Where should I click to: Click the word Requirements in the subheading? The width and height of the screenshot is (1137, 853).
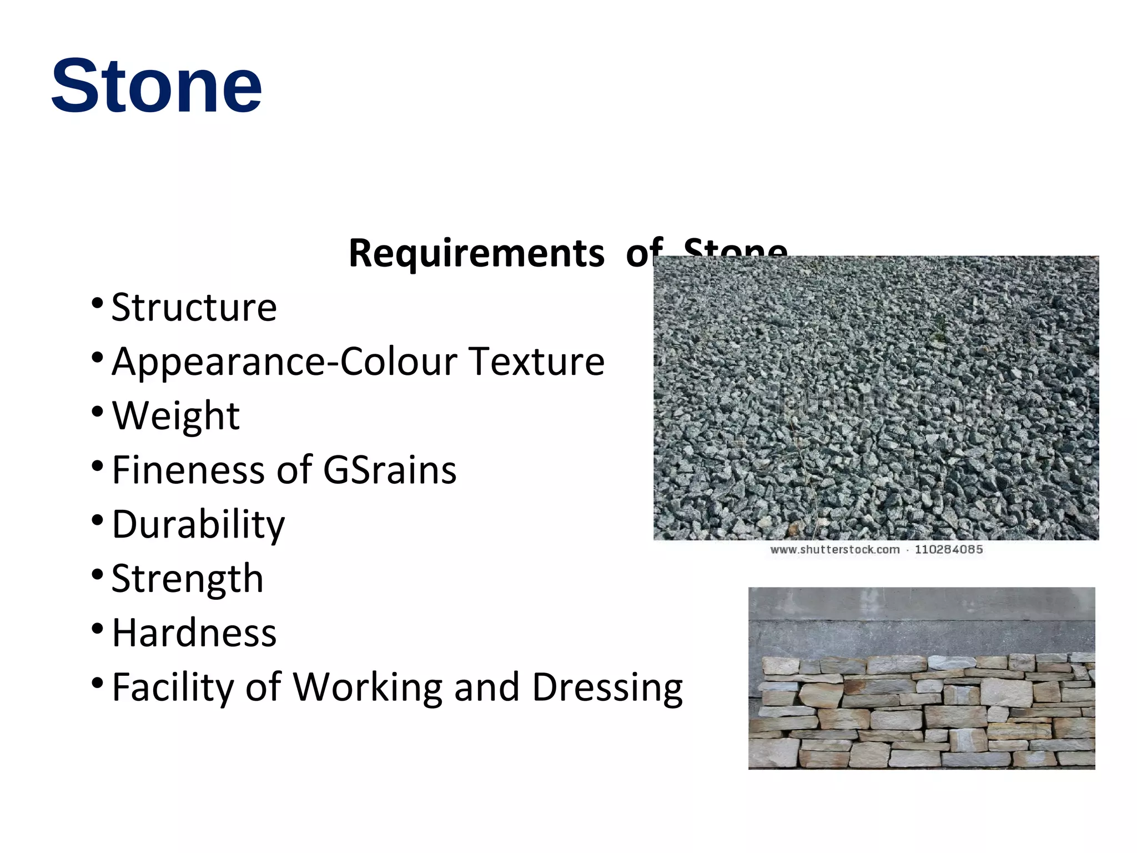[476, 254]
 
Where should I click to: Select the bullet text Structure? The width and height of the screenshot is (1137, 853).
[194, 307]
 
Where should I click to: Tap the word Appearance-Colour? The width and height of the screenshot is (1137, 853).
[285, 362]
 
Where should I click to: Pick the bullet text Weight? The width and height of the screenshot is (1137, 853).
[175, 416]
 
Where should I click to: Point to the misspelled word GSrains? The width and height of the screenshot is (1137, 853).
[389, 470]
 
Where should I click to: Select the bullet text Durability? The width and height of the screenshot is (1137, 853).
[198, 524]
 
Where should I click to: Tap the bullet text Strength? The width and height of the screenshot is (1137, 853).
[187, 578]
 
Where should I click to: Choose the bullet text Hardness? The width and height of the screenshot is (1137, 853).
[194, 633]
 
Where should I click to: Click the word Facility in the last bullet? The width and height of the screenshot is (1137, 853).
[173, 688]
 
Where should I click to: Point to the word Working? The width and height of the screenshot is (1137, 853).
[368, 688]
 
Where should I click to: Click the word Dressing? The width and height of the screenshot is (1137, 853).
[607, 688]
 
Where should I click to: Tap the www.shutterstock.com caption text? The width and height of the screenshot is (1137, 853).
[834, 550]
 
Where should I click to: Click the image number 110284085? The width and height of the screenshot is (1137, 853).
[949, 550]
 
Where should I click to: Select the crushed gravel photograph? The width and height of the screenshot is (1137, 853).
[876, 398]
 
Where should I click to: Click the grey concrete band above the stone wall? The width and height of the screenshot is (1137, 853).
[922, 628]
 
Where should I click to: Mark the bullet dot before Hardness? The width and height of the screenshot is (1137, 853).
[97, 629]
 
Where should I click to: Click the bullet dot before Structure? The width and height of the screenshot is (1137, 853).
[97, 303]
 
